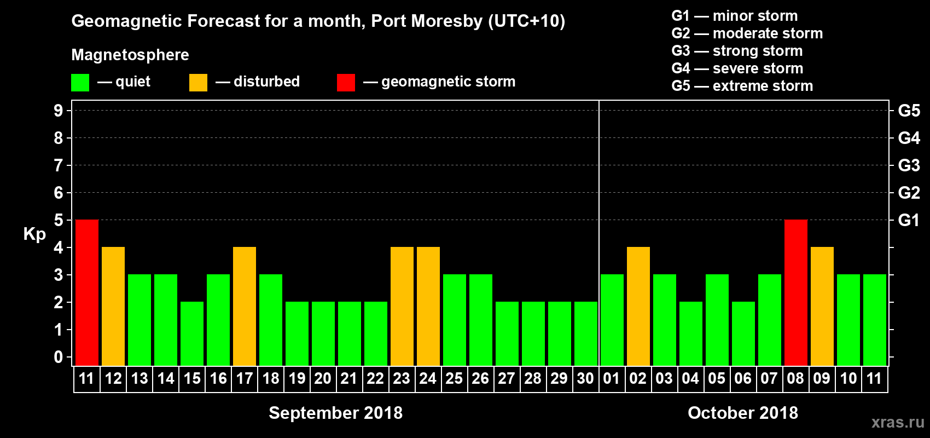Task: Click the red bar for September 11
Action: [87, 292]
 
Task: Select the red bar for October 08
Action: [796, 292]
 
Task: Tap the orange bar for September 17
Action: [245, 306]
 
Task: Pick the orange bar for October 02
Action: [638, 306]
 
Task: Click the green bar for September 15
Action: [192, 333]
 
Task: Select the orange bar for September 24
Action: [428, 306]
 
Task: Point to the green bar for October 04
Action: [691, 333]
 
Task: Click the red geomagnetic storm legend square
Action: [346, 83]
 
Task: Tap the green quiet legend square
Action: [80, 83]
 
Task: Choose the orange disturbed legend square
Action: [198, 83]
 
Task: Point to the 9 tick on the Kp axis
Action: [59, 111]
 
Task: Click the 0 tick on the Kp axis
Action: [59, 357]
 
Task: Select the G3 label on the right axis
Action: [909, 165]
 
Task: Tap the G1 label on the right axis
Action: [909, 220]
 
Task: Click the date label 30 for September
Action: [585, 378]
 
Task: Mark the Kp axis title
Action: [34, 234]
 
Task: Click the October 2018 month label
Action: [743, 413]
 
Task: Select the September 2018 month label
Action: [335, 413]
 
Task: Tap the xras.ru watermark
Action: [898, 422]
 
